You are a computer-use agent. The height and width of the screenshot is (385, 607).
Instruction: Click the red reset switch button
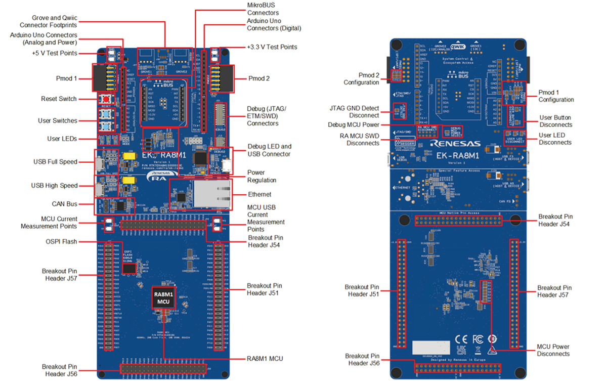[x=106, y=99]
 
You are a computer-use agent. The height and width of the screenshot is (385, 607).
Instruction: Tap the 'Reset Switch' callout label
[x=59, y=99]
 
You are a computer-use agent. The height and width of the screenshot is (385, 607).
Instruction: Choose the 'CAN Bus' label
[x=64, y=204]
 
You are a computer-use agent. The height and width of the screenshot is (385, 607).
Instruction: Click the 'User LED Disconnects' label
[x=555, y=139]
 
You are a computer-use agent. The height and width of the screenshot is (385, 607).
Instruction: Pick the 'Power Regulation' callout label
[x=262, y=177]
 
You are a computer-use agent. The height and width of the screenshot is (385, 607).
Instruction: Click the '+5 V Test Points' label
[x=54, y=53]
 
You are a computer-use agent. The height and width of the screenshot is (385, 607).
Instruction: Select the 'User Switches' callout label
[x=58, y=120]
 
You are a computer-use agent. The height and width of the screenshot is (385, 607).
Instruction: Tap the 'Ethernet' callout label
[x=259, y=194]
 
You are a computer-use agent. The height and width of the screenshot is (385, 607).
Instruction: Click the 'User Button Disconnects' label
[x=555, y=121]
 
